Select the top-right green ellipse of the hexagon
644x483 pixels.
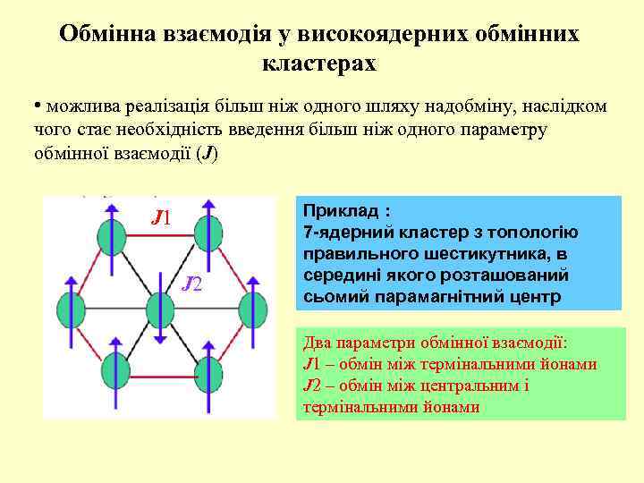[x=207, y=237]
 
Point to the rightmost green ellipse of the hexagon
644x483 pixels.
[x=250, y=308]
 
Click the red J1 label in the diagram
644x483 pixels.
[x=162, y=216]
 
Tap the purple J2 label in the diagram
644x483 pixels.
[x=192, y=284]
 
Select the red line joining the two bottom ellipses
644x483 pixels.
[x=158, y=371]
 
